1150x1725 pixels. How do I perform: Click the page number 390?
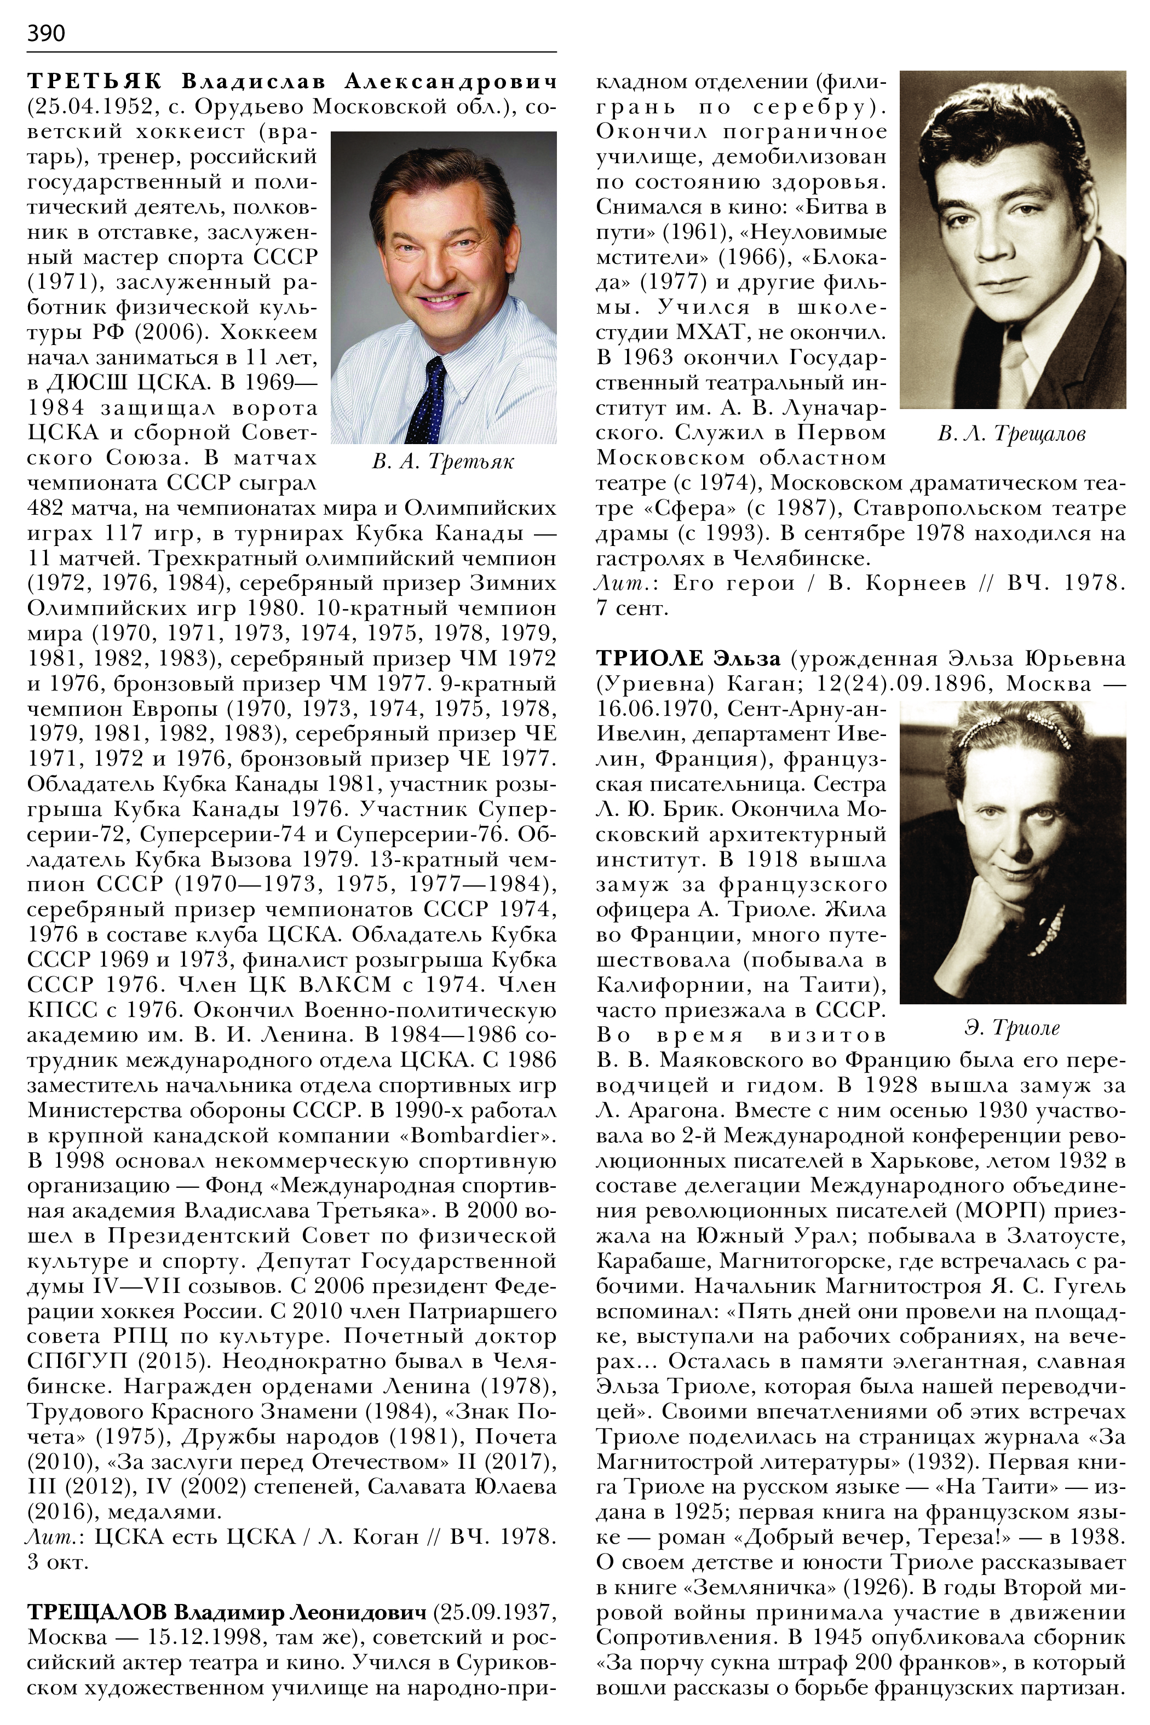click(x=45, y=33)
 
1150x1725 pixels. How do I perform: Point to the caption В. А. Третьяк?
click(x=443, y=461)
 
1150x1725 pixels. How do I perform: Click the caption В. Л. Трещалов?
click(x=1011, y=434)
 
